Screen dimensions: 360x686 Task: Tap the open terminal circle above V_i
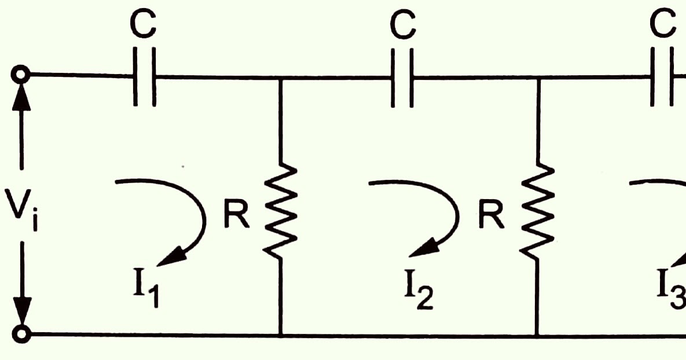pyautogui.click(x=22, y=75)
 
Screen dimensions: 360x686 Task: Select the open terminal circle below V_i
pyautogui.click(x=22, y=334)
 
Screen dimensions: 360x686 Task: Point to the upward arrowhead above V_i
pyautogui.click(x=23, y=95)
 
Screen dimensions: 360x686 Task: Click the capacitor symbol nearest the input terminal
pyautogui.click(x=144, y=76)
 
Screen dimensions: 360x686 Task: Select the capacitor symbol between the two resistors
pyautogui.click(x=403, y=76)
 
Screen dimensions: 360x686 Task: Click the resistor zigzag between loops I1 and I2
pyautogui.click(x=281, y=211)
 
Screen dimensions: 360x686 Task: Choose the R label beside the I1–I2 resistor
pyautogui.click(x=237, y=215)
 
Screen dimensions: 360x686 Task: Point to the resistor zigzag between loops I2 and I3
pyautogui.click(x=538, y=211)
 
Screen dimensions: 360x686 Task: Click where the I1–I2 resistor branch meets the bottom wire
pyautogui.click(x=281, y=335)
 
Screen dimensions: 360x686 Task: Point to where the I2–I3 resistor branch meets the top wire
pyautogui.click(x=538, y=76)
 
